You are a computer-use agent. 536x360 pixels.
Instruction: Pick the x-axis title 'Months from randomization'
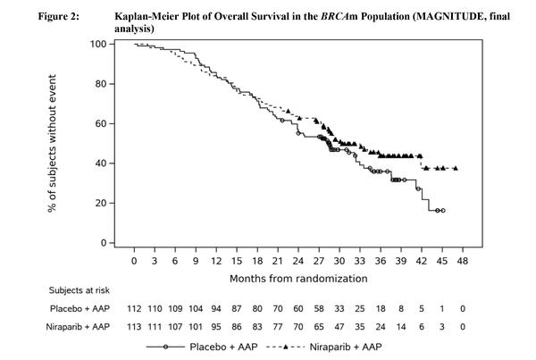click(298, 278)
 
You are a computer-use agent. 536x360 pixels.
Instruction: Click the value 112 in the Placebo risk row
click(134, 307)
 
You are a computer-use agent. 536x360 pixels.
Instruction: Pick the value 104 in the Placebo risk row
click(196, 307)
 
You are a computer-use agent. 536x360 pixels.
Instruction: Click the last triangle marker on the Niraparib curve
click(456, 168)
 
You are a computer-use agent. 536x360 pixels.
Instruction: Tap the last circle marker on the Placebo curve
click(442, 210)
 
